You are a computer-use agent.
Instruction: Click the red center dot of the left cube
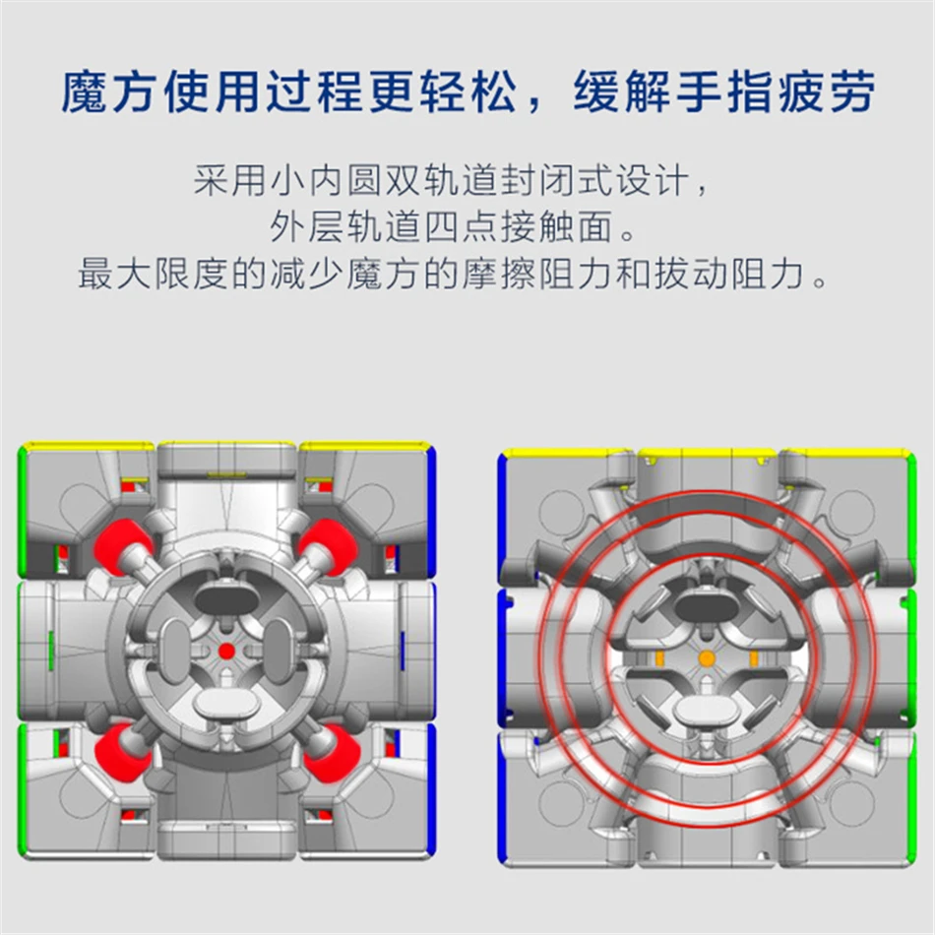pyautogui.click(x=226, y=651)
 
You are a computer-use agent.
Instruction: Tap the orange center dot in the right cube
pyautogui.click(x=706, y=658)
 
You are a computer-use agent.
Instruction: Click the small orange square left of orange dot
pyautogui.click(x=656, y=657)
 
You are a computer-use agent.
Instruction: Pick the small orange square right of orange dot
pyautogui.click(x=755, y=657)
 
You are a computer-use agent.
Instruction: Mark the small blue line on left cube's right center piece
pyautogui.click(x=403, y=651)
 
